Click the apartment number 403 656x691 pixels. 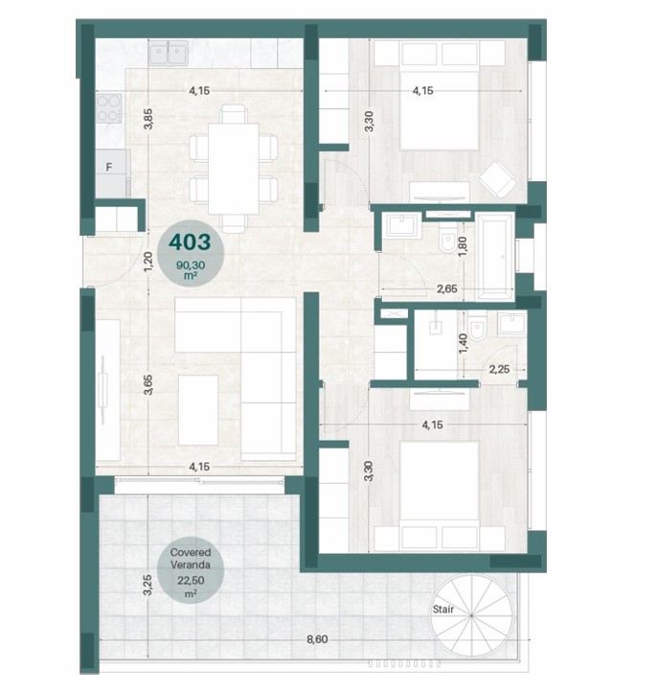tap(191, 242)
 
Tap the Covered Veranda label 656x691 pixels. tap(191, 559)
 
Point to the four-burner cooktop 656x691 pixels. tap(109, 108)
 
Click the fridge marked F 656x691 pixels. tap(113, 173)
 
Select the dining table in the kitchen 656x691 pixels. tap(234, 169)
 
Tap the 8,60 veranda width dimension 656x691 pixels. tap(317, 639)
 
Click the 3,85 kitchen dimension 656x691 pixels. tap(148, 119)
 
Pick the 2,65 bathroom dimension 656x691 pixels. tap(447, 289)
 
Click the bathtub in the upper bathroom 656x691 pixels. tap(496, 256)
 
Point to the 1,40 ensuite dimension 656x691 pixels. tap(463, 343)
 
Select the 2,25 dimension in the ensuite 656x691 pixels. tap(499, 369)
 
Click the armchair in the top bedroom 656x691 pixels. tap(497, 179)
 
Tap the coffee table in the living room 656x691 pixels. tap(198, 410)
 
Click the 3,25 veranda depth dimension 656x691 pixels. tap(147, 585)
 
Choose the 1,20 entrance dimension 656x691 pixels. tap(148, 261)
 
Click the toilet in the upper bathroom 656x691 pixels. tap(447, 242)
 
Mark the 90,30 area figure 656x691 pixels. tap(191, 265)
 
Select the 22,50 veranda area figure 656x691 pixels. tap(191, 581)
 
